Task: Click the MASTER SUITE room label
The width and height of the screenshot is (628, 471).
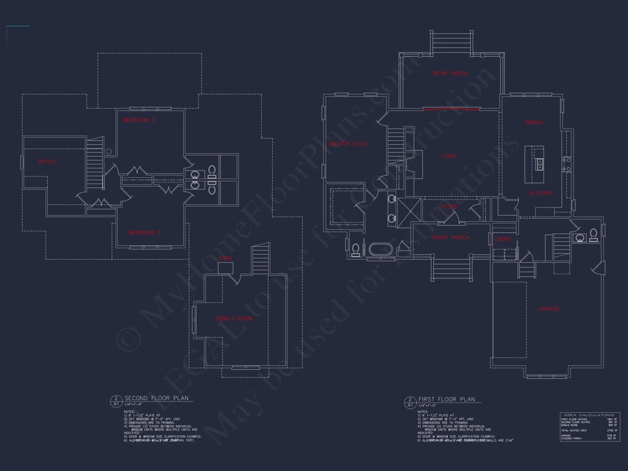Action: (x=348, y=144)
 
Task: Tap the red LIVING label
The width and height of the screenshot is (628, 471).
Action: (x=448, y=156)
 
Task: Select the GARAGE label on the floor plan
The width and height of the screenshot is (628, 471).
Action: (x=549, y=309)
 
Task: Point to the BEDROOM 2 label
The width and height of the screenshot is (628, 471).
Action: (x=138, y=120)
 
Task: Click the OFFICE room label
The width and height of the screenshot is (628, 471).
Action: (x=47, y=162)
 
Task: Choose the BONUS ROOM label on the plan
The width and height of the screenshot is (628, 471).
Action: (x=234, y=319)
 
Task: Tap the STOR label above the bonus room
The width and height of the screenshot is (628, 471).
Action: (x=225, y=259)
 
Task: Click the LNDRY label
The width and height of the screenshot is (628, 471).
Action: (x=503, y=240)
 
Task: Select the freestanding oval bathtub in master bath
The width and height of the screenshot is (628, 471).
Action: (x=381, y=250)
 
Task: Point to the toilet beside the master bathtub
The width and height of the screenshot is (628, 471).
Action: (x=355, y=250)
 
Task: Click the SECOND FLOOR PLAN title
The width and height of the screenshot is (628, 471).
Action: (x=156, y=398)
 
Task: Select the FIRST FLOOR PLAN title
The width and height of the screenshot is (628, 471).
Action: (x=447, y=399)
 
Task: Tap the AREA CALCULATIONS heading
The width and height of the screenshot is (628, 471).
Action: (x=589, y=415)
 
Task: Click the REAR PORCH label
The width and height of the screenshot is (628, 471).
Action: (x=451, y=73)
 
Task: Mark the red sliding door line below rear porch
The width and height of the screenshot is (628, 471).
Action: (x=451, y=110)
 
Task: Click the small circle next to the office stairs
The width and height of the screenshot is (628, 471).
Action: (x=109, y=152)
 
